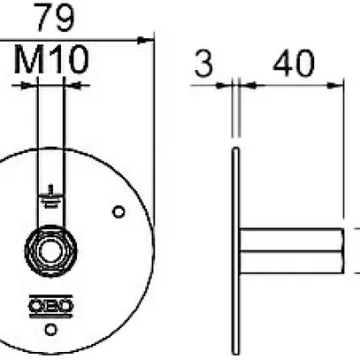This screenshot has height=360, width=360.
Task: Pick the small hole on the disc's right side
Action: (119, 211)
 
